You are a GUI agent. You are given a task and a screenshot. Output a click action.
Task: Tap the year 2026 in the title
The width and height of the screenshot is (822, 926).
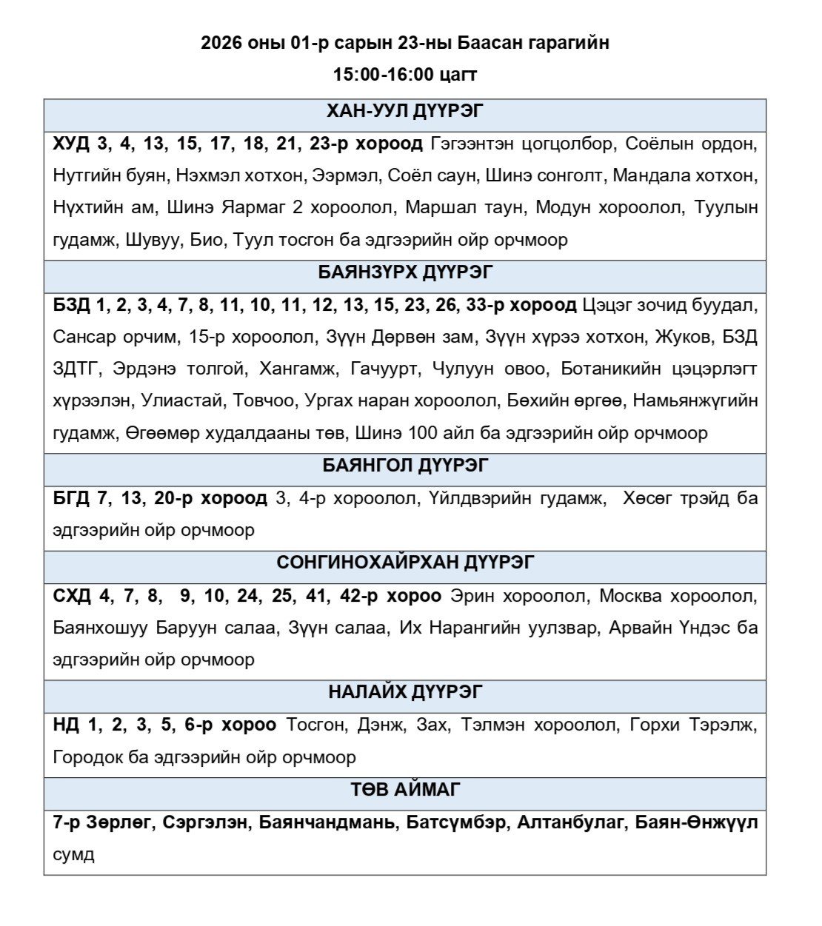click(x=221, y=43)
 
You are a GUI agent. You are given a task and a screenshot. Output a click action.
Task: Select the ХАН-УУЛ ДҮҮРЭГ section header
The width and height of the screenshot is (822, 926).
click(x=405, y=112)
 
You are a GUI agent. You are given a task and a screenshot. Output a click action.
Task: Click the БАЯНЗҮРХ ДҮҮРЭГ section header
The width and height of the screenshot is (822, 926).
click(x=405, y=272)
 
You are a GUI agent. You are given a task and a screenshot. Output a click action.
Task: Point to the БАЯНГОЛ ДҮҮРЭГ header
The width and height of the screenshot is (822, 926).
click(x=405, y=466)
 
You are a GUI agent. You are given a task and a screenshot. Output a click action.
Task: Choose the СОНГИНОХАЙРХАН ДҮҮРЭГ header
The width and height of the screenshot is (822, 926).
click(x=405, y=563)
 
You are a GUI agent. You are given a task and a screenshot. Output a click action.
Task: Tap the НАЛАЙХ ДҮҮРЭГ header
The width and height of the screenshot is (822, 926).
click(x=405, y=692)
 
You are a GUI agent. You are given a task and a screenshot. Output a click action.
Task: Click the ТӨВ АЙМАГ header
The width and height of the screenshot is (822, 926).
click(x=405, y=790)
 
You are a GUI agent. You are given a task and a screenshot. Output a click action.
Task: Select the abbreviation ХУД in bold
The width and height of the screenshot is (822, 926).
click(x=70, y=144)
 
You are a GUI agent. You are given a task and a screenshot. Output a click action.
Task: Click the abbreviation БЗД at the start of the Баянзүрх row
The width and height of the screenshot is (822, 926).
click(x=70, y=305)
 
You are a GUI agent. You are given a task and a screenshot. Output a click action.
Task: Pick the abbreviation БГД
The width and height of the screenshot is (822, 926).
click(x=70, y=498)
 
